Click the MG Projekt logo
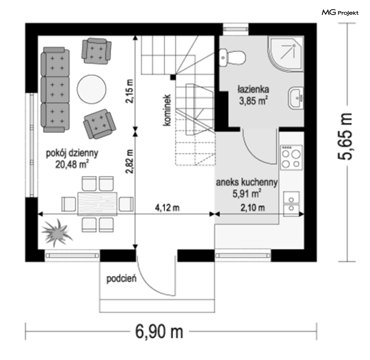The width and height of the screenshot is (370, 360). (340, 12)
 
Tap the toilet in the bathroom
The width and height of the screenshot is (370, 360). (233, 57)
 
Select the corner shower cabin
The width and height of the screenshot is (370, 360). (285, 53)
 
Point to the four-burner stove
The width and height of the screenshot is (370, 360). (291, 157)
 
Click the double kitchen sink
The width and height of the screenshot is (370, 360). (291, 204)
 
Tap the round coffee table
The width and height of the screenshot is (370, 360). (92, 89)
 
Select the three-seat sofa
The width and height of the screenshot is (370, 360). (55, 89)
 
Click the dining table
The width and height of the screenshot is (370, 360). (98, 204)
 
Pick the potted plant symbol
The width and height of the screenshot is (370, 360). (57, 232)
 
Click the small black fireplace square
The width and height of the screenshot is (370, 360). (173, 77)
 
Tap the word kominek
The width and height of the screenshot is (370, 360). (167, 110)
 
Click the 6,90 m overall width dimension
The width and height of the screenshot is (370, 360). (159, 332)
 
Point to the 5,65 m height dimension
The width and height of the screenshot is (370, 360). (345, 137)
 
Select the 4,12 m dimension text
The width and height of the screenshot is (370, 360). (167, 208)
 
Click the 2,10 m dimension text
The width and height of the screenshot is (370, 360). (253, 208)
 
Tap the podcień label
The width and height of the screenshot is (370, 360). (122, 279)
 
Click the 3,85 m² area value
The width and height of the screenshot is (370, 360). (253, 101)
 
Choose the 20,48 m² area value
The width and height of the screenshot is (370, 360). (72, 164)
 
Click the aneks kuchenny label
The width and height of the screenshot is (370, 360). (247, 182)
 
